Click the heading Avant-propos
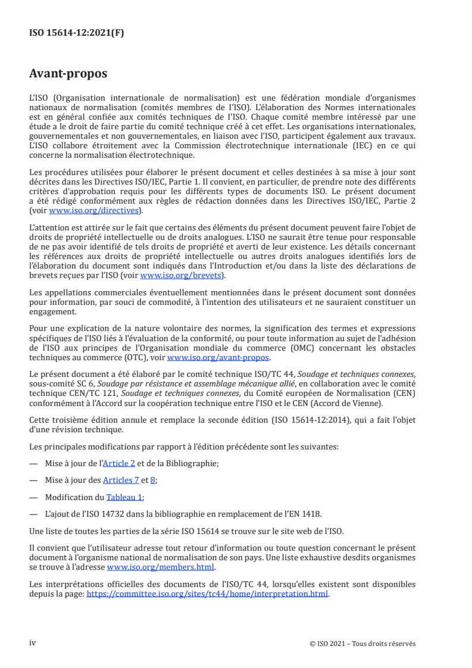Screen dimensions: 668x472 pos(68,74)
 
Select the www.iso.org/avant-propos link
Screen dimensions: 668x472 pos(218,357)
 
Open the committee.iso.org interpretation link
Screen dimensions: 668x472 pos(207,594)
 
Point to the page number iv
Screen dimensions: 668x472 pos(33,643)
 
